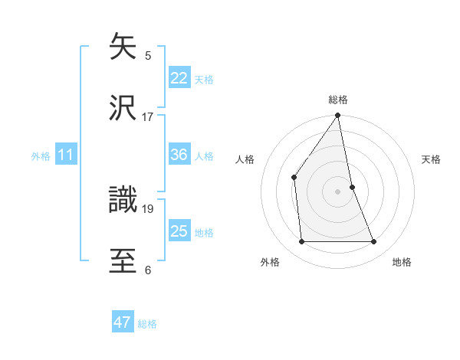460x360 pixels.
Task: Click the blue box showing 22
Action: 179,78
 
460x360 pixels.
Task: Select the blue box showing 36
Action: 179,155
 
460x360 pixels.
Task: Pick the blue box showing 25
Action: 179,231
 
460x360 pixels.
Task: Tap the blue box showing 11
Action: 66,155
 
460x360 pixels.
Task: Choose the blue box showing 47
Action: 123,322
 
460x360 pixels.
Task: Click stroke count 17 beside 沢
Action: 148,117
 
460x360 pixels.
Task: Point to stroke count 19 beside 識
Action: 148,208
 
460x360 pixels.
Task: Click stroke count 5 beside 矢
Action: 148,55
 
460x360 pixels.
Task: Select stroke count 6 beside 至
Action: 148,270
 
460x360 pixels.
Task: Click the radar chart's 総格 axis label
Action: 338,100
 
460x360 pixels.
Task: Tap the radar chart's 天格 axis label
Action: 432,159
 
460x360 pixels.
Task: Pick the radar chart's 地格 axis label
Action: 402,262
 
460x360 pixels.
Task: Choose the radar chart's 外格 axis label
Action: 270,262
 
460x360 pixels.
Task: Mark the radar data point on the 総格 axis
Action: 338,116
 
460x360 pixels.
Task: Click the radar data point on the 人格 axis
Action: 294,177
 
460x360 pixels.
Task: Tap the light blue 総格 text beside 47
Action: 147,324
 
